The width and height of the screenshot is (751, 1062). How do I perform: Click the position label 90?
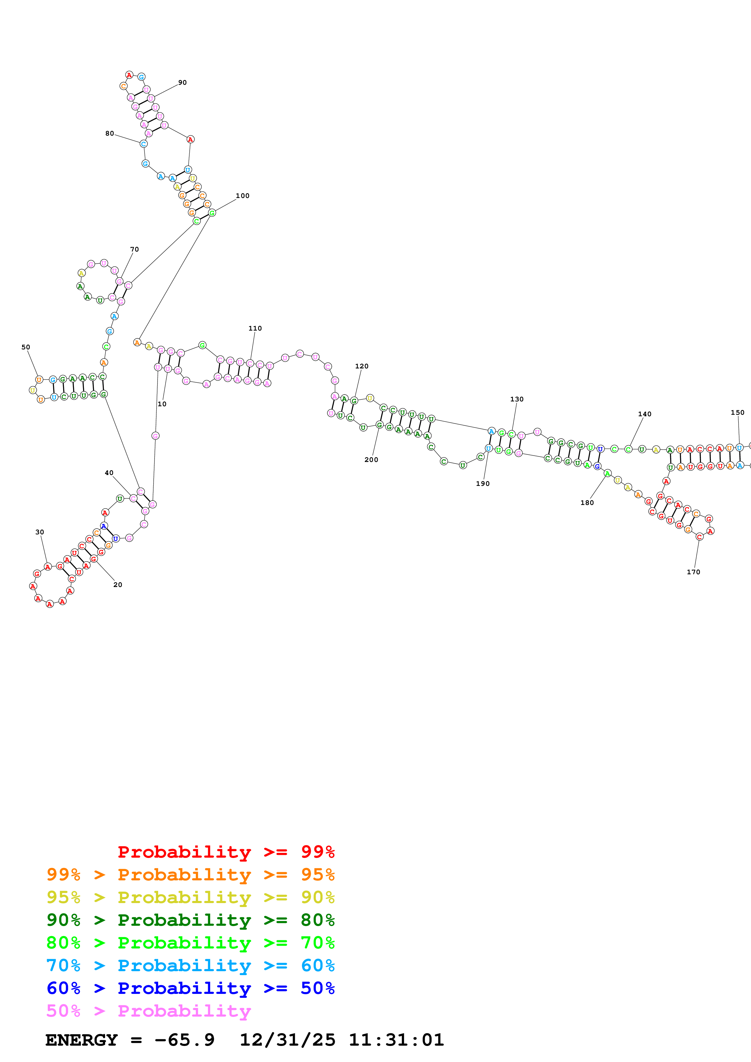click(x=182, y=83)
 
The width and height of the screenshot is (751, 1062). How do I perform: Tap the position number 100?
click(x=242, y=196)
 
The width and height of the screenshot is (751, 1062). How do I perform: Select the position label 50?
click(x=26, y=347)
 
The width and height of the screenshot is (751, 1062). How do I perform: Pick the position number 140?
click(x=645, y=414)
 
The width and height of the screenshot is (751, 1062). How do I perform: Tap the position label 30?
click(x=40, y=532)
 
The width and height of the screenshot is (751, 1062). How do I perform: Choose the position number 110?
click(x=255, y=328)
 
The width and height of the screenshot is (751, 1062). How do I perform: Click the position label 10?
click(x=162, y=404)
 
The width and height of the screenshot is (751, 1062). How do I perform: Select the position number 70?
click(x=134, y=249)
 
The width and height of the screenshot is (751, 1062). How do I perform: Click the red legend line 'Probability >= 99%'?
click(x=226, y=852)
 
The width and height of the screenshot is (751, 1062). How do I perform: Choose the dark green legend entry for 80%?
click(x=190, y=920)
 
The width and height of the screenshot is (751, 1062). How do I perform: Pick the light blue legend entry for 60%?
click(x=190, y=965)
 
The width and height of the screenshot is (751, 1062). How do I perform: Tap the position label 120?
click(x=361, y=366)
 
